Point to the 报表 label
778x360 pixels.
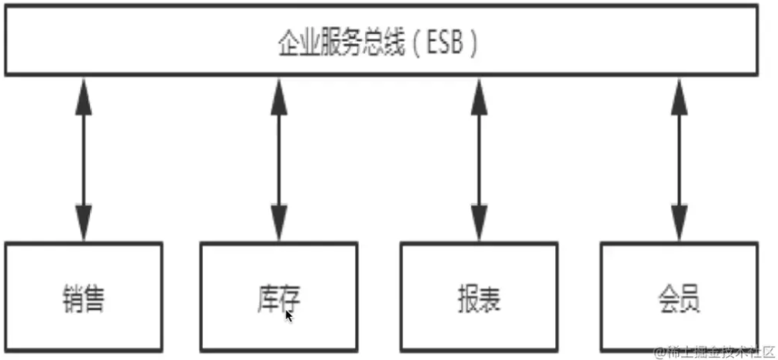coord(478,299)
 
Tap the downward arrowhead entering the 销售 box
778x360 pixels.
coord(83,223)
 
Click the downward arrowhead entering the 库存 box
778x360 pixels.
coord(278,223)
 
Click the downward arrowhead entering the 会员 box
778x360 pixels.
coord(678,223)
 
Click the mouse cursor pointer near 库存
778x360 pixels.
coord(289,315)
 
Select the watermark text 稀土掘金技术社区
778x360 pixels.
coord(719,352)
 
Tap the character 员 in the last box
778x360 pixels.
coord(690,299)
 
